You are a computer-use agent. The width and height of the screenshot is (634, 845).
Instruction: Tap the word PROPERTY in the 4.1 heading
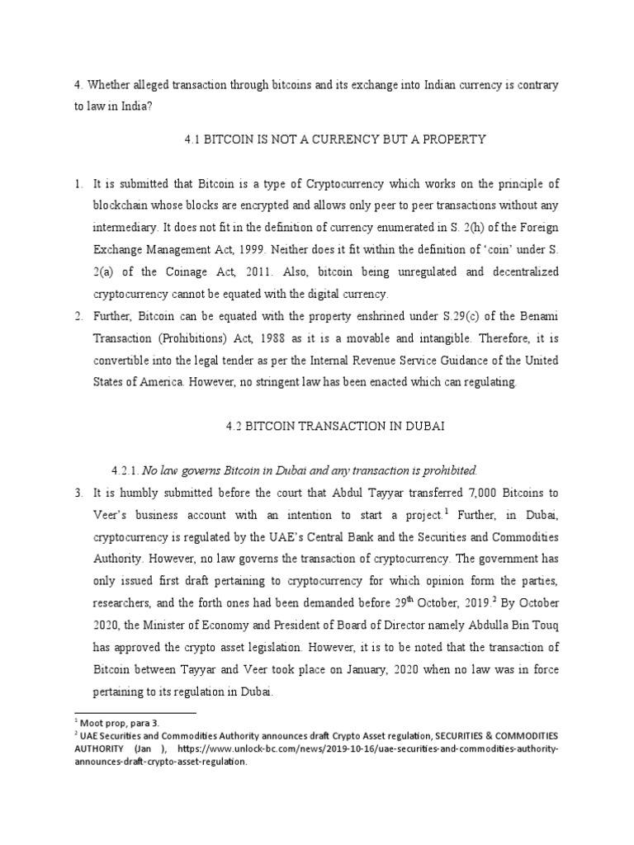[x=457, y=140]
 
